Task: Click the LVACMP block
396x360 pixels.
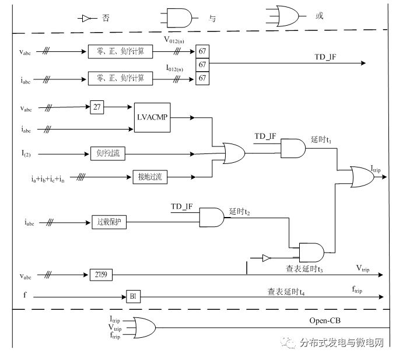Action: [x=152, y=117]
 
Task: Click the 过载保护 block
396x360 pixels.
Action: [x=109, y=222]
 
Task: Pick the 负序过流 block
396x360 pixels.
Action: [x=108, y=154]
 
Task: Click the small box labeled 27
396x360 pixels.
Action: [x=97, y=107]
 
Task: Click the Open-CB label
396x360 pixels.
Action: [x=324, y=320]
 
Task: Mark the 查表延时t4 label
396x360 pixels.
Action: [x=286, y=290]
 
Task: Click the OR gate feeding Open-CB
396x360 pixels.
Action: [x=143, y=327]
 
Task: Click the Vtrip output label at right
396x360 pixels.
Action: [x=363, y=268]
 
